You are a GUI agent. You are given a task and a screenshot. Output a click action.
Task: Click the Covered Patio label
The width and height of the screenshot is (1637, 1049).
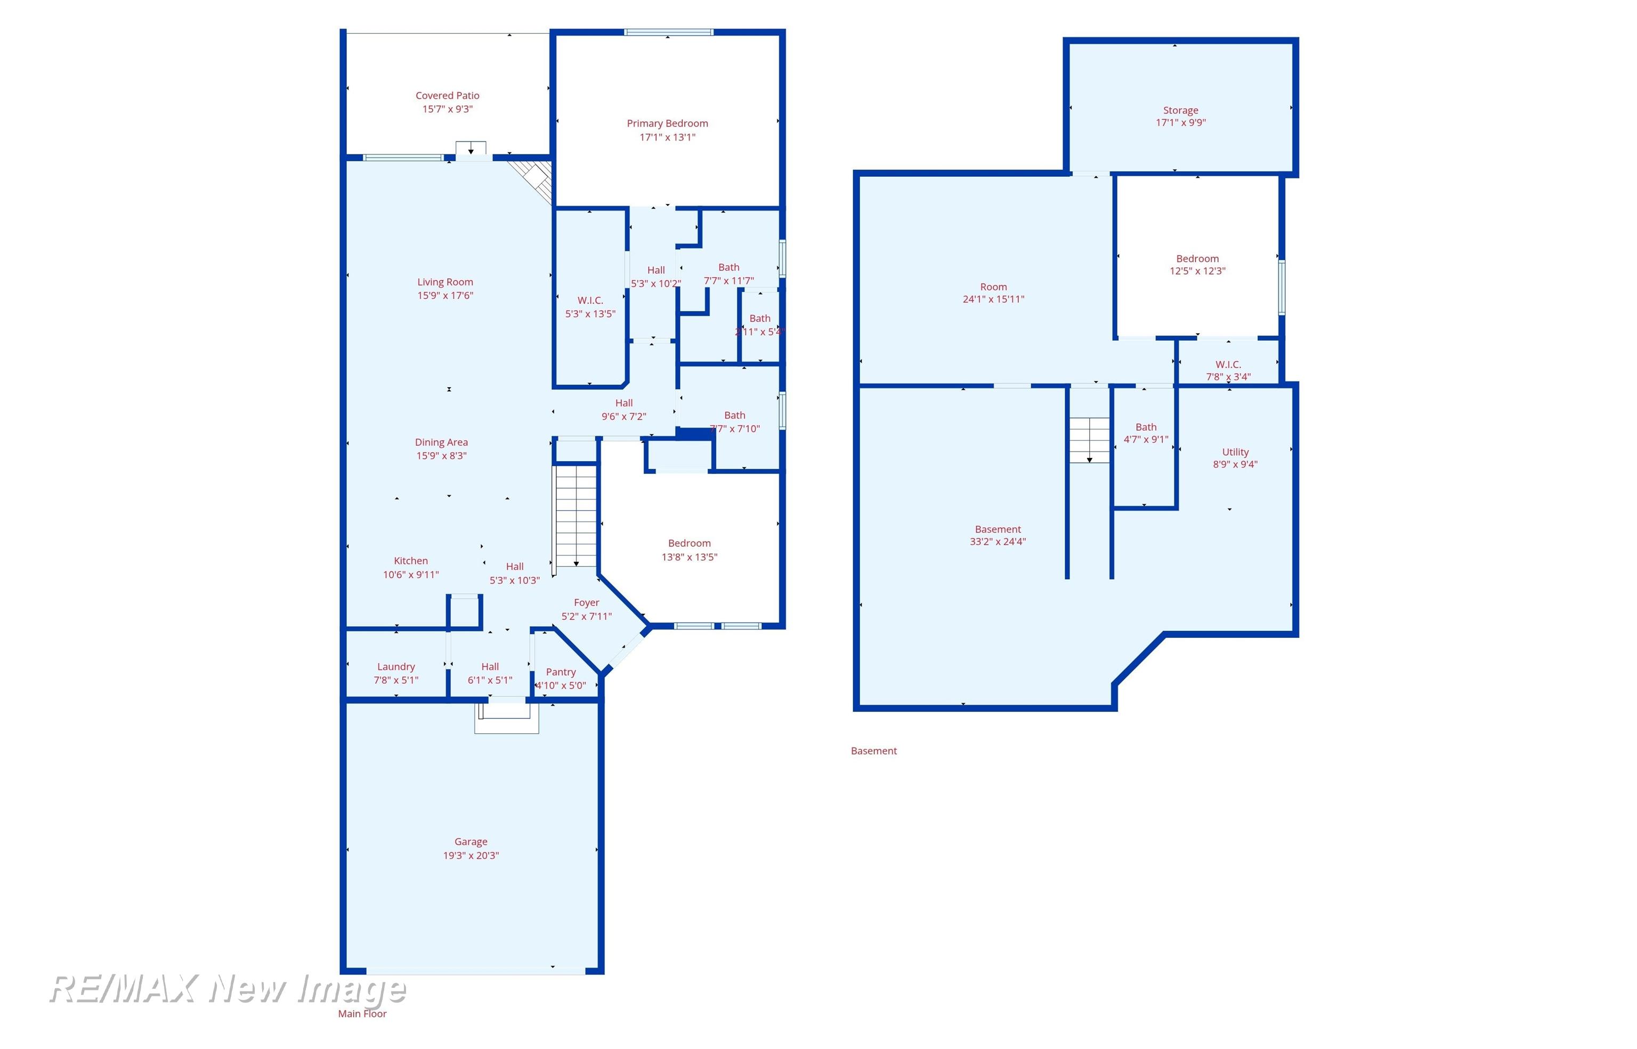click(x=447, y=96)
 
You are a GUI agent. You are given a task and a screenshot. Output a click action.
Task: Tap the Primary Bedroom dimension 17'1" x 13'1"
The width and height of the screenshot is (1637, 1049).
click(x=667, y=137)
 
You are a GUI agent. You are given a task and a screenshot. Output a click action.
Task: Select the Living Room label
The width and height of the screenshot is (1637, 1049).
click(x=445, y=282)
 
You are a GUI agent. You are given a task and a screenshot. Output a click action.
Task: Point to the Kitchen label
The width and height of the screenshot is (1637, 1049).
click(x=410, y=561)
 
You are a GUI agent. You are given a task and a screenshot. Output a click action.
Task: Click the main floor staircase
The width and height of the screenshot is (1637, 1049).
click(x=576, y=515)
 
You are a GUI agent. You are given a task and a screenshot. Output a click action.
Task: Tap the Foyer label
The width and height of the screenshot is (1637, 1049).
click(x=586, y=603)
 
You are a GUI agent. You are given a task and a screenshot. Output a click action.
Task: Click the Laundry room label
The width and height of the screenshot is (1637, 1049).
click(x=395, y=667)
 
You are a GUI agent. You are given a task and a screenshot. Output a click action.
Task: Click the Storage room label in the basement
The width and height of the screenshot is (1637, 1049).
click(x=1180, y=110)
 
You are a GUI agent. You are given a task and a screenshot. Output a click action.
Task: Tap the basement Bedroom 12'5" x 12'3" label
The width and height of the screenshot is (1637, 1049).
click(x=1197, y=264)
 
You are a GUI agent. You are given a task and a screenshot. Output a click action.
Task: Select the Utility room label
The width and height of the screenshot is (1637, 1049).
click(x=1234, y=452)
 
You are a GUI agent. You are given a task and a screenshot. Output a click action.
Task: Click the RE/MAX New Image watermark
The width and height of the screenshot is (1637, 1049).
click(x=228, y=989)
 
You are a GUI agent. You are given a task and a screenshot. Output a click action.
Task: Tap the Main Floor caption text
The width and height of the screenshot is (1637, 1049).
click(x=362, y=1013)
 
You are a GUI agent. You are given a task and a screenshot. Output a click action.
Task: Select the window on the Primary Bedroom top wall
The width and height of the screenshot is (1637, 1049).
click(x=668, y=32)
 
